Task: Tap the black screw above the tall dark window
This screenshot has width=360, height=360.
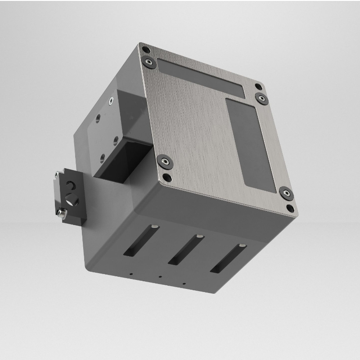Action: tap(261, 98)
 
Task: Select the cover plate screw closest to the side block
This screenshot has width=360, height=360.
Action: tap(165, 161)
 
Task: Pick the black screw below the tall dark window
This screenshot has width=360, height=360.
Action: tap(286, 193)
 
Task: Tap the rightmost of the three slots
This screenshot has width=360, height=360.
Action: tap(228, 259)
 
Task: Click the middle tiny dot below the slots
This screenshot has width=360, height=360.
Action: tap(160, 277)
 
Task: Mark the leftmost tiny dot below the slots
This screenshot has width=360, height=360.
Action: tap(130, 273)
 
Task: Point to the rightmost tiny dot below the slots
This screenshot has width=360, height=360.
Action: tap(184, 284)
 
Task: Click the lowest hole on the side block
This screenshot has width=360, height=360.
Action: tap(103, 157)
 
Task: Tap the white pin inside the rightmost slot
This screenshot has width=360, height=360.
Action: tap(242, 245)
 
